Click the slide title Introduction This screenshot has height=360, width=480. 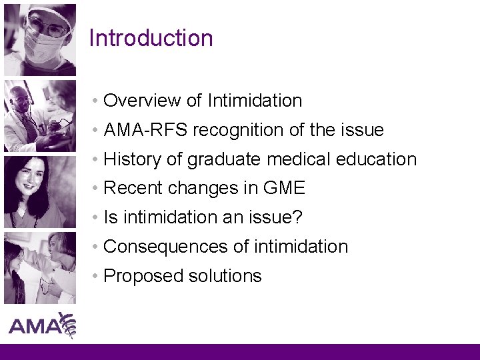[151, 38]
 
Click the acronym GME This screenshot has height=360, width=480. [284, 189]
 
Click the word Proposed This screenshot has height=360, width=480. [140, 277]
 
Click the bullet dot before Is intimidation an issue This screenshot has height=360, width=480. [97, 218]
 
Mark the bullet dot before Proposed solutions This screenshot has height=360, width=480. [97, 277]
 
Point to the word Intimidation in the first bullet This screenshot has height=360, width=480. [255, 101]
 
